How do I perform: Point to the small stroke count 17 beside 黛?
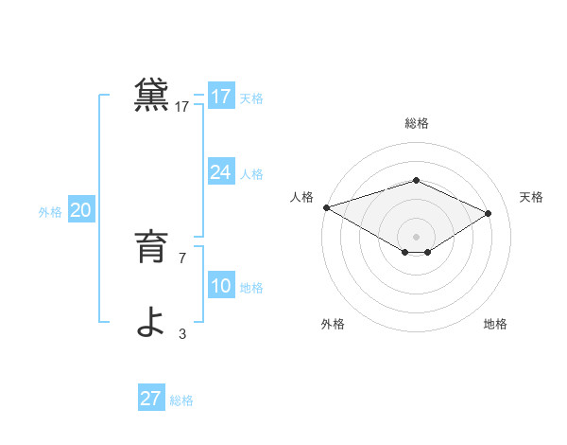pyautogui.click(x=182, y=107)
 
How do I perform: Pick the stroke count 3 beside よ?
pyautogui.click(x=182, y=333)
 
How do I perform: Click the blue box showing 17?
pyautogui.click(x=221, y=97)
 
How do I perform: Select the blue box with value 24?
pyautogui.click(x=221, y=172)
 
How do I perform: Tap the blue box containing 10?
pyautogui.click(x=221, y=286)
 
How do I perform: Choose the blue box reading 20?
pyautogui.click(x=81, y=210)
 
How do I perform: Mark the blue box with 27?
pyautogui.click(x=151, y=399)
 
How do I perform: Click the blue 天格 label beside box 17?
pyautogui.click(x=251, y=98)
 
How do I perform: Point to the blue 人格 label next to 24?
pyautogui.click(x=251, y=174)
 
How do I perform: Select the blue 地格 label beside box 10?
pyautogui.click(x=251, y=288)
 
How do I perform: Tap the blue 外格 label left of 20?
pyautogui.click(x=50, y=212)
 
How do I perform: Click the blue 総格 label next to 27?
pyautogui.click(x=181, y=400)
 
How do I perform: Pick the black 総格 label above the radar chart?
pyautogui.click(x=416, y=123)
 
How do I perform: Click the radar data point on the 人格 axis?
pyautogui.click(x=326, y=207)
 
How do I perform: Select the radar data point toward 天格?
pyautogui.click(x=488, y=213)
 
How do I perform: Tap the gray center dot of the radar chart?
pyautogui.click(x=416, y=236)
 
